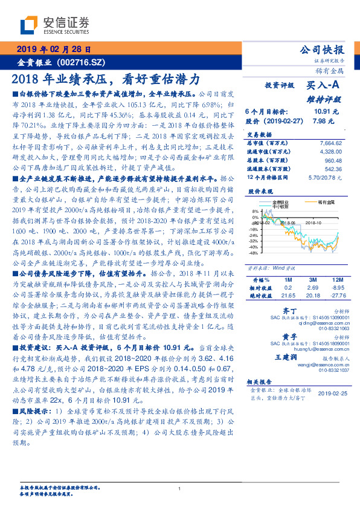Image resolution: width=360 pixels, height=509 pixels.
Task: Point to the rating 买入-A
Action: tap(327, 86)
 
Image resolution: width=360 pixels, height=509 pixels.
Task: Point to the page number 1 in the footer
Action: tap(179, 488)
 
